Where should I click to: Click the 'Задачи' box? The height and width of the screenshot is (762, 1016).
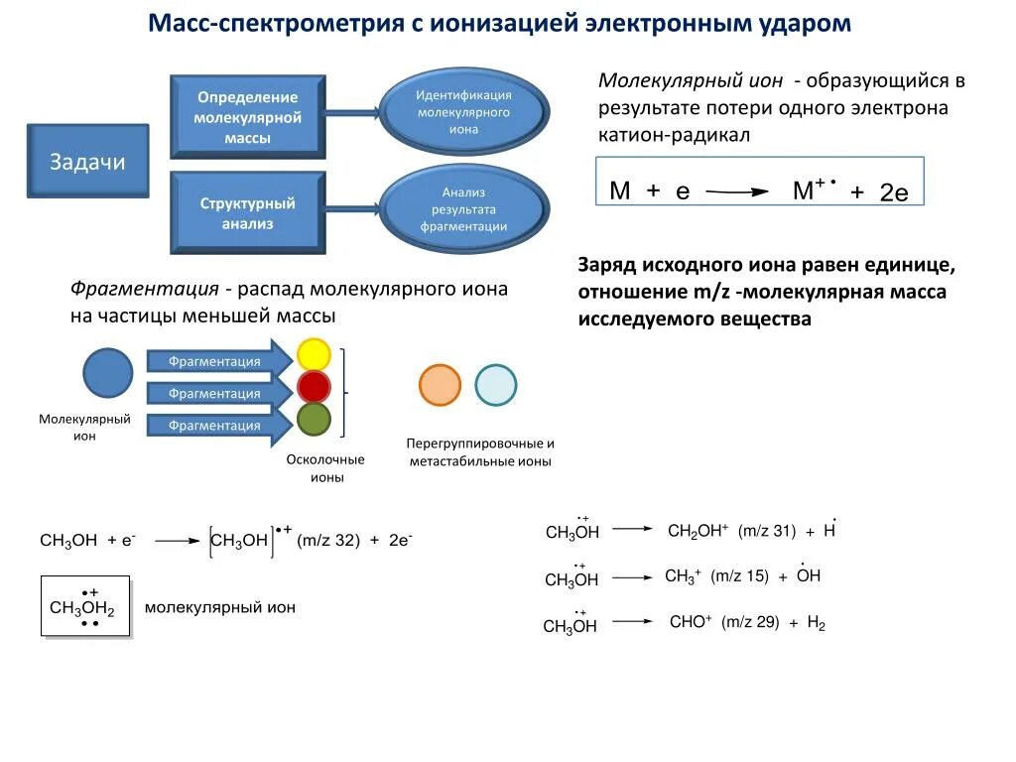tap(87, 161)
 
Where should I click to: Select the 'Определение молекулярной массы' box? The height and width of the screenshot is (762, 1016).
tap(247, 117)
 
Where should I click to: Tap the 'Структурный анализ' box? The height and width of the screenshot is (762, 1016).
tap(247, 213)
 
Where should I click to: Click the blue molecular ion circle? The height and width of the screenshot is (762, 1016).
tap(107, 374)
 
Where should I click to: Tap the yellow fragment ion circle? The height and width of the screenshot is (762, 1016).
tap(314, 355)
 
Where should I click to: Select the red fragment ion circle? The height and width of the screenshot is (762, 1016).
tap(314, 387)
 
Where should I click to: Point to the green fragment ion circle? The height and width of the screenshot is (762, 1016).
tap(314, 420)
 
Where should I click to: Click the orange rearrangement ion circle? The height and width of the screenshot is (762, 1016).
tap(440, 385)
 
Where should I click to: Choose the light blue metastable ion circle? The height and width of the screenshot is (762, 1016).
tap(495, 385)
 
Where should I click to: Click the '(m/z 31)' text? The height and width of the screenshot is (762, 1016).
tap(767, 531)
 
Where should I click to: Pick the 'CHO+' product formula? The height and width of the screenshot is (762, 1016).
tap(691, 622)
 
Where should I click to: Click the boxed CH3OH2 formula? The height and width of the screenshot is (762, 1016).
tap(85, 606)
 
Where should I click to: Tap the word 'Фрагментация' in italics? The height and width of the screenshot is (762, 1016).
tap(144, 290)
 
